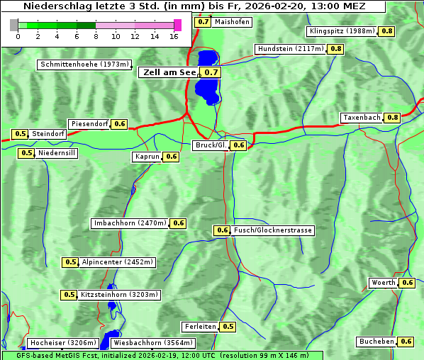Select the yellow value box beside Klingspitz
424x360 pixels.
pyautogui.click(x=387, y=31)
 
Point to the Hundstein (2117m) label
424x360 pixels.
pyautogui.click(x=290, y=49)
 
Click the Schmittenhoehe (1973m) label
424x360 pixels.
pyautogui.click(x=84, y=64)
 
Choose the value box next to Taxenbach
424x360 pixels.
pyautogui.click(x=392, y=117)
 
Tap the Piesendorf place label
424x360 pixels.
pyautogui.click(x=89, y=124)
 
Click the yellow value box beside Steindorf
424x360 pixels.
pyautogui.click(x=20, y=134)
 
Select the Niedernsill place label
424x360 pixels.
pyautogui.click(x=57, y=152)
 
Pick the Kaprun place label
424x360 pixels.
pyautogui.click(x=147, y=157)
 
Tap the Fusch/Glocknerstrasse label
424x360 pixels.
pyautogui.click(x=272, y=230)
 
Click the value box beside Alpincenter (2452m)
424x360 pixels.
pyautogui.click(x=71, y=262)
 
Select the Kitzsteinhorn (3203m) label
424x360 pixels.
pyautogui.click(x=119, y=295)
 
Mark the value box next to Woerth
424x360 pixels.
pyautogui.click(x=407, y=283)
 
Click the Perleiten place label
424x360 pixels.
pyautogui.click(x=199, y=327)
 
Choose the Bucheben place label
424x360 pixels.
pyautogui.click(x=376, y=342)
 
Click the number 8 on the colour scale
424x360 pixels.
pyautogui.click(x=95, y=35)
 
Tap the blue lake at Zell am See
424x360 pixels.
pyautogui.click(x=206, y=78)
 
